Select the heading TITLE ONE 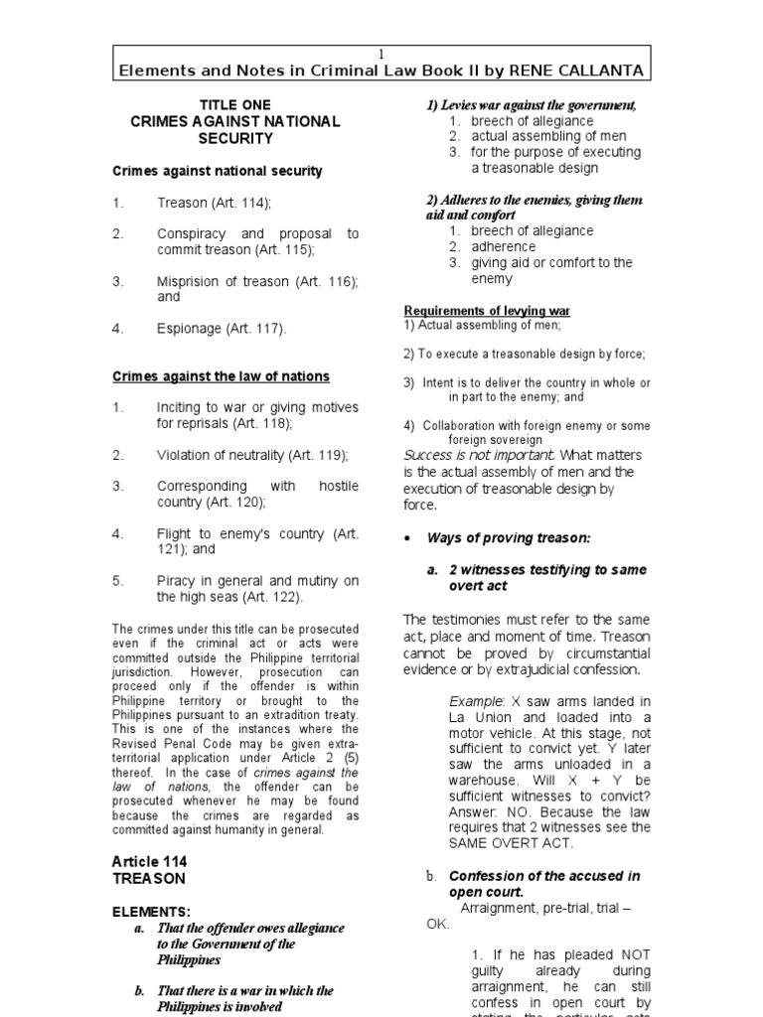click(235, 104)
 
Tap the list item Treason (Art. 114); click(213, 203)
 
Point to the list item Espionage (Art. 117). click(221, 329)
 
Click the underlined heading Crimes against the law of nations click(221, 376)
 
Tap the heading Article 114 click(149, 861)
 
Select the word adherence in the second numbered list click(503, 246)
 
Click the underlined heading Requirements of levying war click(487, 311)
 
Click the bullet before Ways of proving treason click(408, 538)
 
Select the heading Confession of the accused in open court click(544, 884)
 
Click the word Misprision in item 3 click(190, 281)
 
